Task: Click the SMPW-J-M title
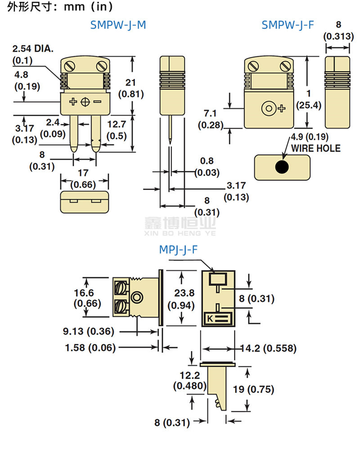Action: pos(118,25)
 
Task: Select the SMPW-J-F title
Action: pos(288,25)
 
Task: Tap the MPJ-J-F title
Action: pos(178,250)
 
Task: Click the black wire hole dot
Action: pos(282,167)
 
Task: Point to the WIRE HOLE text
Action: pos(316,148)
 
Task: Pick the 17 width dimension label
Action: pos(85,172)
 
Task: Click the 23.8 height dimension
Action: pos(180,293)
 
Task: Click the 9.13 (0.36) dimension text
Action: pos(88,332)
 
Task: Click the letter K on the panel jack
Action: pos(210,319)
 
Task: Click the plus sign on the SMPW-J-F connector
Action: pos(282,108)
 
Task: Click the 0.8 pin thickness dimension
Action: pos(207,161)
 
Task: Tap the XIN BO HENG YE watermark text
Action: pos(180,234)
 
